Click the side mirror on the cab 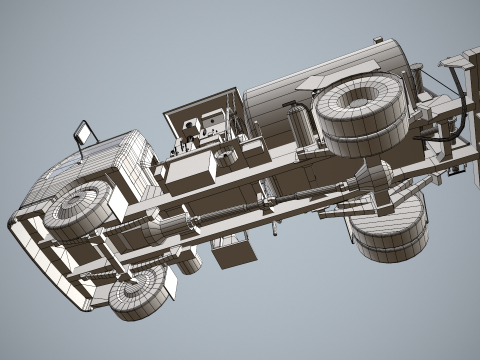[x=82, y=132]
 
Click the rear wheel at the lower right [x=390, y=226]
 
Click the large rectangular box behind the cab [x=191, y=169]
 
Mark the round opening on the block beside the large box [x=228, y=157]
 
